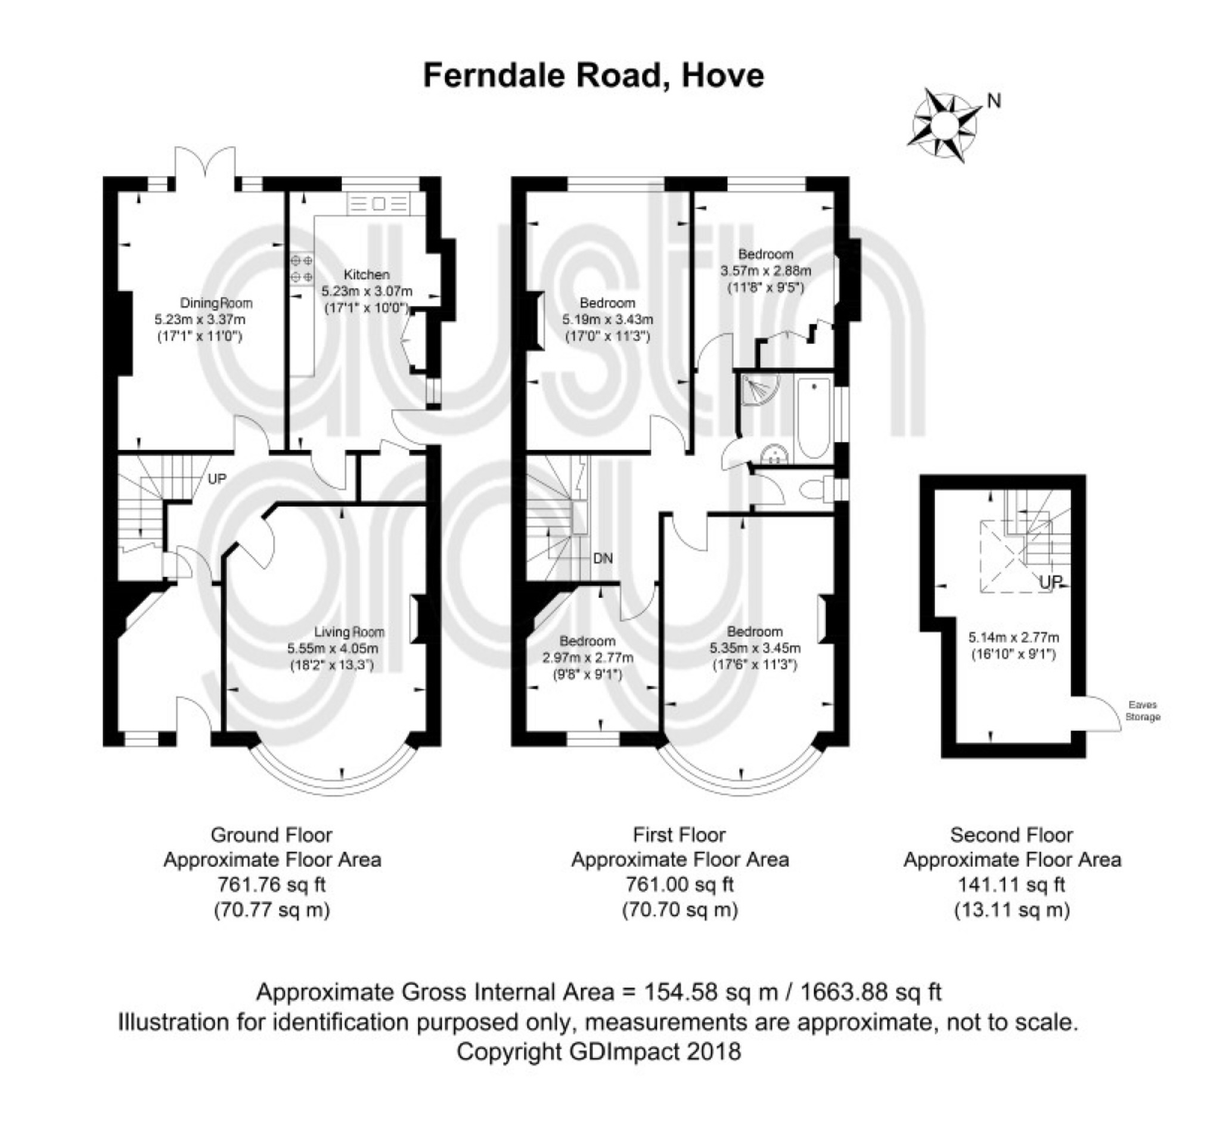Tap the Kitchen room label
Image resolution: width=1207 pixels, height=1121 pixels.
366,274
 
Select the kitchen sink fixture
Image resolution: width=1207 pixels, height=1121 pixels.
378,205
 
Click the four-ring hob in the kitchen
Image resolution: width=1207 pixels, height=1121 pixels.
301,269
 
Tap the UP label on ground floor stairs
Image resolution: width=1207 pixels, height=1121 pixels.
217,479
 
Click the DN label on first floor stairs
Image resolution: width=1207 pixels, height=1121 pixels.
603,558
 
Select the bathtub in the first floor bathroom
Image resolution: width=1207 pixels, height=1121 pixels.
813,418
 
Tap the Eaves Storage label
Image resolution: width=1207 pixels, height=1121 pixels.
1142,711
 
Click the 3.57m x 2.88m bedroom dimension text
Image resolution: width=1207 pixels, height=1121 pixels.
765,271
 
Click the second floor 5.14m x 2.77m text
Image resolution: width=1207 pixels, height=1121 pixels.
1013,637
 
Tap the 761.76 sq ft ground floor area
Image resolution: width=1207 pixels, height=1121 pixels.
271,884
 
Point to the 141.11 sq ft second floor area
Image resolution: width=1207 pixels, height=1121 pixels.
1010,884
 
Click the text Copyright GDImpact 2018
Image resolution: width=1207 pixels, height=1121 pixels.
598,1051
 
